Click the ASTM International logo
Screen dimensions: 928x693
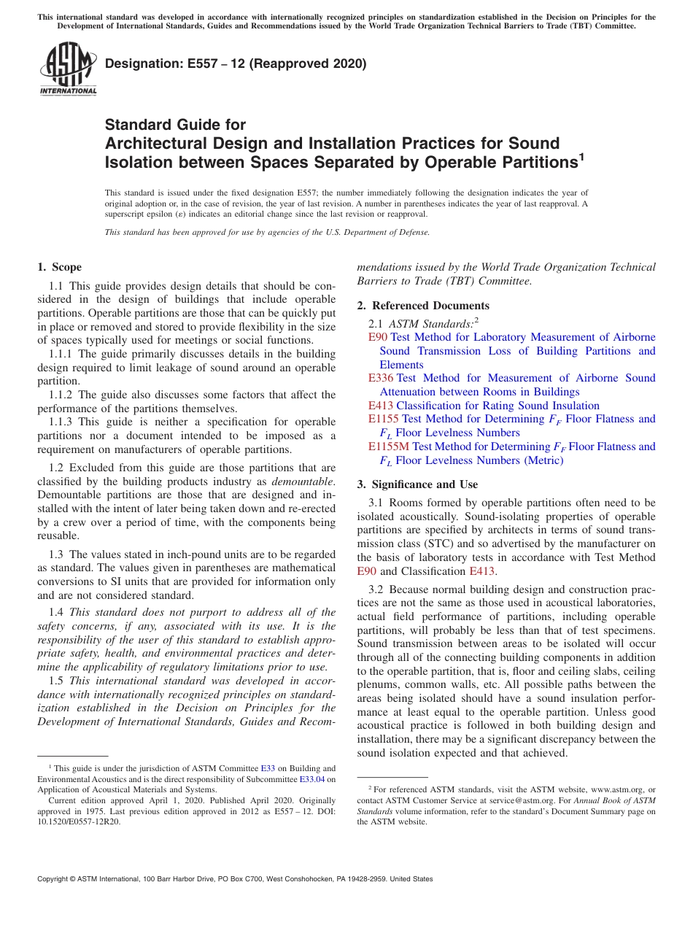tap(68, 69)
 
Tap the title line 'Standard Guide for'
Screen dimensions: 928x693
tap(176, 125)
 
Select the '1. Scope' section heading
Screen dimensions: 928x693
tap(60, 267)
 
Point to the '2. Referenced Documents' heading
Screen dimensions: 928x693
tap(423, 306)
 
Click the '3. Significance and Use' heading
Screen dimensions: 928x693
tap(417, 484)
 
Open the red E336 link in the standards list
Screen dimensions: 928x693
tap(381, 378)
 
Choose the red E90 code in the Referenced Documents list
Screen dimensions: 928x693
tap(378, 337)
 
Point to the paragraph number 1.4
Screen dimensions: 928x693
tap(57, 612)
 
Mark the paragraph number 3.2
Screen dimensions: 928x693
tap(376, 589)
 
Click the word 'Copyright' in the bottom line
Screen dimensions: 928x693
tap(54, 879)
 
